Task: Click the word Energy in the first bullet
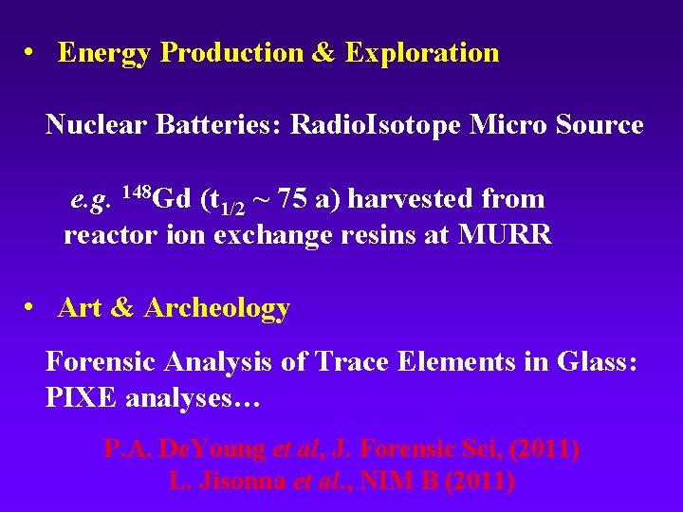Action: coord(105,53)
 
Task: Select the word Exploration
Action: coord(422,53)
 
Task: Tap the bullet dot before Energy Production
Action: coord(31,53)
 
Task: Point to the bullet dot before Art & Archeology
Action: coord(31,308)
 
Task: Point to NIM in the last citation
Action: coord(384,481)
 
